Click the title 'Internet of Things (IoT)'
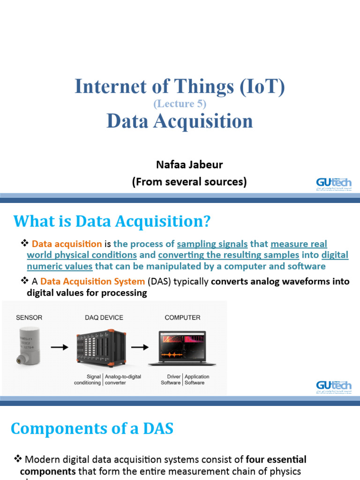point(180,87)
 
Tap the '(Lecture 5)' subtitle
point(180,104)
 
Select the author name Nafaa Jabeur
point(189,165)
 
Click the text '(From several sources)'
point(189,182)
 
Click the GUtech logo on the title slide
point(333,184)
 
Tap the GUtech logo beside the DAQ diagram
point(333,387)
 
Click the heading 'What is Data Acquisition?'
point(112,221)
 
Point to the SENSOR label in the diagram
point(29,317)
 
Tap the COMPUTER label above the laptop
point(182,317)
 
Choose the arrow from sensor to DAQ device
point(59,348)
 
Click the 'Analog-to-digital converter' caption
point(123,380)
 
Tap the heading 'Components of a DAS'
point(92,428)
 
